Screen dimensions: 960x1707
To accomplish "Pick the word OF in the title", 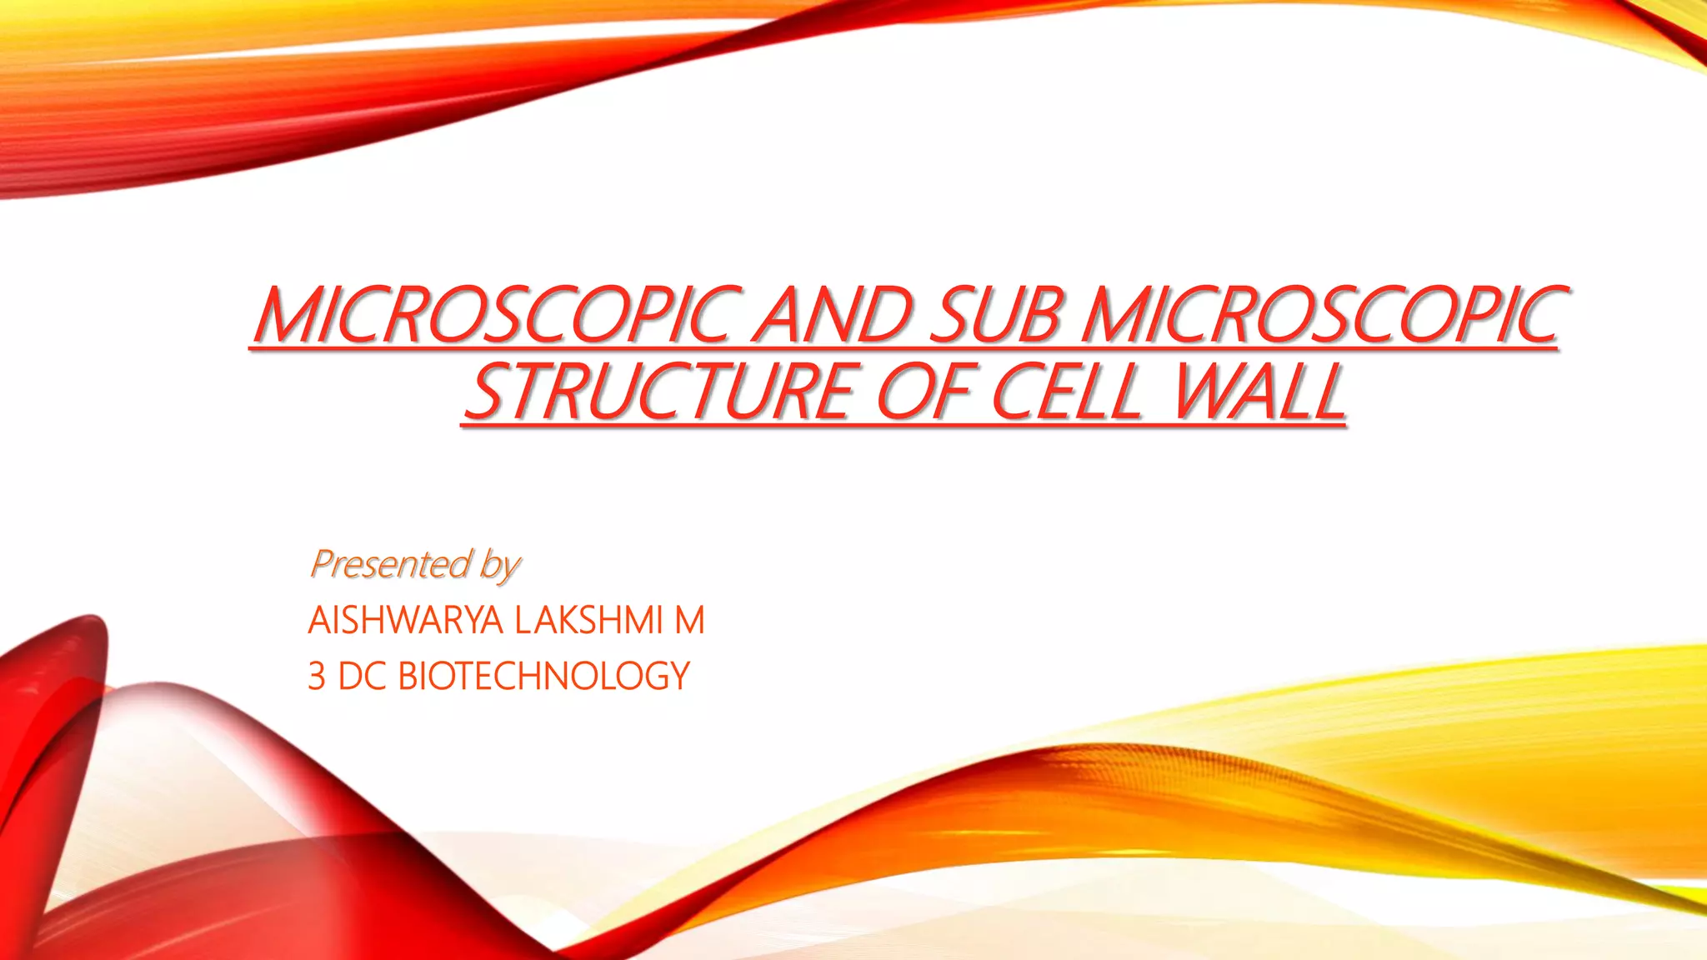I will [x=925, y=392].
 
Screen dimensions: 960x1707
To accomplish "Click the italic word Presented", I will [x=390, y=564].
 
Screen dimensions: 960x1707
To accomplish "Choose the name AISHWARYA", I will [x=405, y=621].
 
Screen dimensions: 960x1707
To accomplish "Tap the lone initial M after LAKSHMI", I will [x=689, y=621].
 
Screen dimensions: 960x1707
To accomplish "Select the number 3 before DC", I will [x=317, y=676].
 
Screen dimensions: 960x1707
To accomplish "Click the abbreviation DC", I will [x=362, y=676].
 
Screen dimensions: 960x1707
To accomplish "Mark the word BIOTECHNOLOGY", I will [x=543, y=676].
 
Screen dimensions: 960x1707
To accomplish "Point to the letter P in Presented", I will [x=321, y=564].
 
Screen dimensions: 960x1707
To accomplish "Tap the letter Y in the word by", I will [x=509, y=568].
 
